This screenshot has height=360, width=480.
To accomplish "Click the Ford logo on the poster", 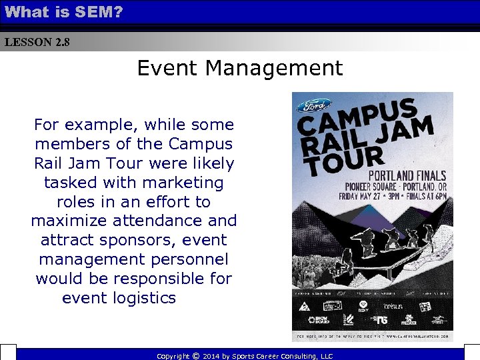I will pos(314,105).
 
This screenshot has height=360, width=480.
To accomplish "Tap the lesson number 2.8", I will pos(62,43).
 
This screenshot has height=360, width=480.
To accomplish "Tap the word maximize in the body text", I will pos(70,221).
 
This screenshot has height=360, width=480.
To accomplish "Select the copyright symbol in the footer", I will pos(195,356).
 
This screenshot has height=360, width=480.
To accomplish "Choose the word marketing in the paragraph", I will pos(183,183).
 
